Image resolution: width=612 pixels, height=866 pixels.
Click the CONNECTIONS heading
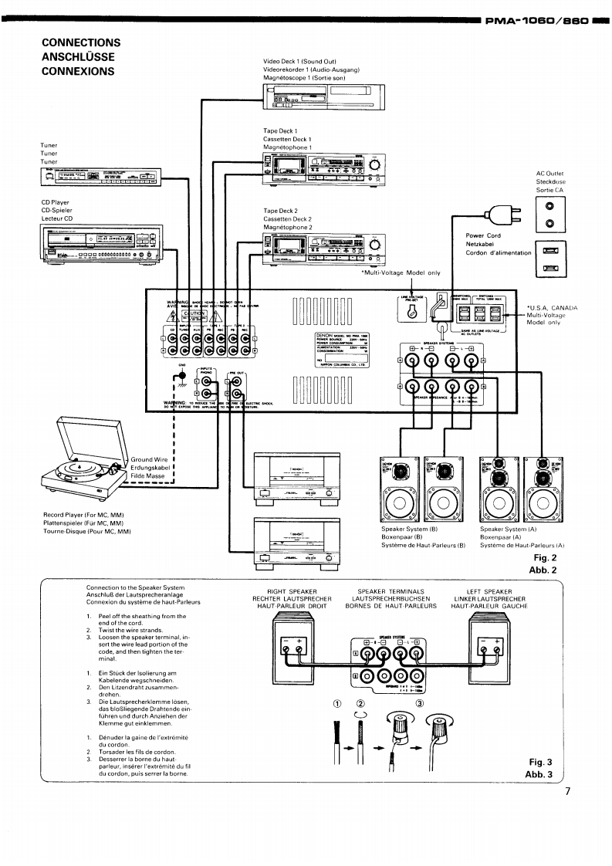(81, 42)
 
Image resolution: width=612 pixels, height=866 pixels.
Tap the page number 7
(568, 791)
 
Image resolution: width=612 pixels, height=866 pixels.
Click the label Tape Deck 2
(280, 211)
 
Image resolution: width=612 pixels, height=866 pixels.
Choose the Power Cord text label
(483, 236)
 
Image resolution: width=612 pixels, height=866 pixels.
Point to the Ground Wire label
(149, 459)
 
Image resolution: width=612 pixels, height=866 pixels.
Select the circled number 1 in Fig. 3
(337, 703)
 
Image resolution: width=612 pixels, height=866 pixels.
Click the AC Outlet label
(550, 174)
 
